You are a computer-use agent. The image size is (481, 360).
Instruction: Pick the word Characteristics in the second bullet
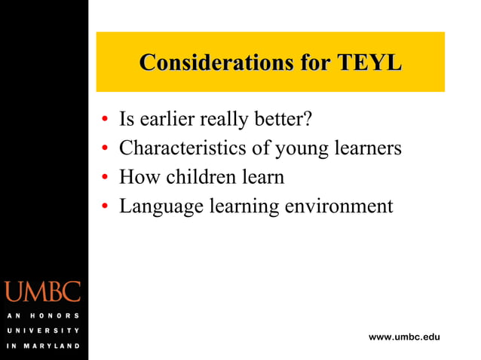pyautogui.click(x=182, y=148)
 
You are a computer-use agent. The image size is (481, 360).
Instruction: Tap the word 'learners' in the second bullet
pyautogui.click(x=367, y=148)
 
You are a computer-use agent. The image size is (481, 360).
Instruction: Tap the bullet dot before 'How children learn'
pyautogui.click(x=105, y=178)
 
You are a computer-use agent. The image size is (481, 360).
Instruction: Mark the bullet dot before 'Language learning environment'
pyautogui.click(x=105, y=207)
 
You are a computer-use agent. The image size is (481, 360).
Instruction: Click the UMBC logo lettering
pyautogui.click(x=42, y=291)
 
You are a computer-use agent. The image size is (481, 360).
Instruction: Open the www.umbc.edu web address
pyautogui.click(x=404, y=336)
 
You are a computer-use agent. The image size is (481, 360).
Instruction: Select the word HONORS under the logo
pyautogui.click(x=54, y=316)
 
